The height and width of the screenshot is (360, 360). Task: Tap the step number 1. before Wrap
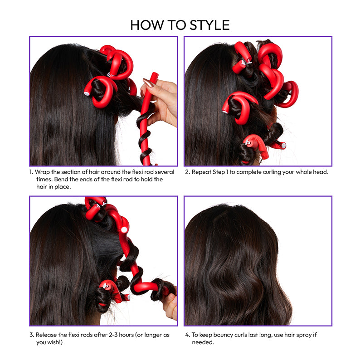pyautogui.click(x=31, y=172)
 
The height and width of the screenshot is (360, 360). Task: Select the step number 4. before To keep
pyautogui.click(x=187, y=335)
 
